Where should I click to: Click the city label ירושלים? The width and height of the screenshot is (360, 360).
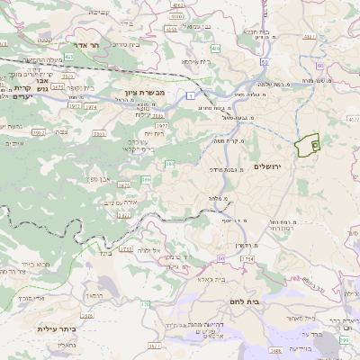[268, 166]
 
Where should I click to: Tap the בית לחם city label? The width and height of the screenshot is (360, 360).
[270, 301]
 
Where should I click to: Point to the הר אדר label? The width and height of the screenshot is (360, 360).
[86, 44]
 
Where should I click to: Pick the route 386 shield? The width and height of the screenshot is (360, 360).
[169, 164]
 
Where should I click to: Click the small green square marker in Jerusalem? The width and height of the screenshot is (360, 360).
[314, 142]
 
